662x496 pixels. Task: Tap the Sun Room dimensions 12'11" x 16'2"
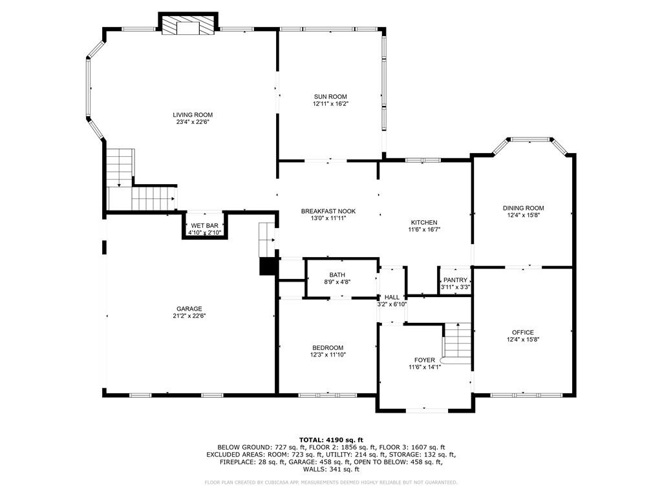point(331,103)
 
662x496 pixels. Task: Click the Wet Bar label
point(204,225)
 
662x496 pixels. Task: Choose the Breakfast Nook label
point(328,211)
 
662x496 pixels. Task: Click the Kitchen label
point(423,222)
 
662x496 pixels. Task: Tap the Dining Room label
point(523,208)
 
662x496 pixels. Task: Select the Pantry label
point(455,280)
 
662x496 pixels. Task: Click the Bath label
point(337,274)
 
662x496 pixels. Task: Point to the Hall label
point(392,297)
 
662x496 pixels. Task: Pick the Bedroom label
point(328,347)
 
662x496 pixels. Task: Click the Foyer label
point(424,360)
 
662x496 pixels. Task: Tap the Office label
point(523,333)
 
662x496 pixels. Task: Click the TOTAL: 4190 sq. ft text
point(331,440)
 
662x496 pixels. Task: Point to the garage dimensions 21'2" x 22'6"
point(189,316)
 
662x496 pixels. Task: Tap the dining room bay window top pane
point(530,139)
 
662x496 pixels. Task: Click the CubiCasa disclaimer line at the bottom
point(331,482)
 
